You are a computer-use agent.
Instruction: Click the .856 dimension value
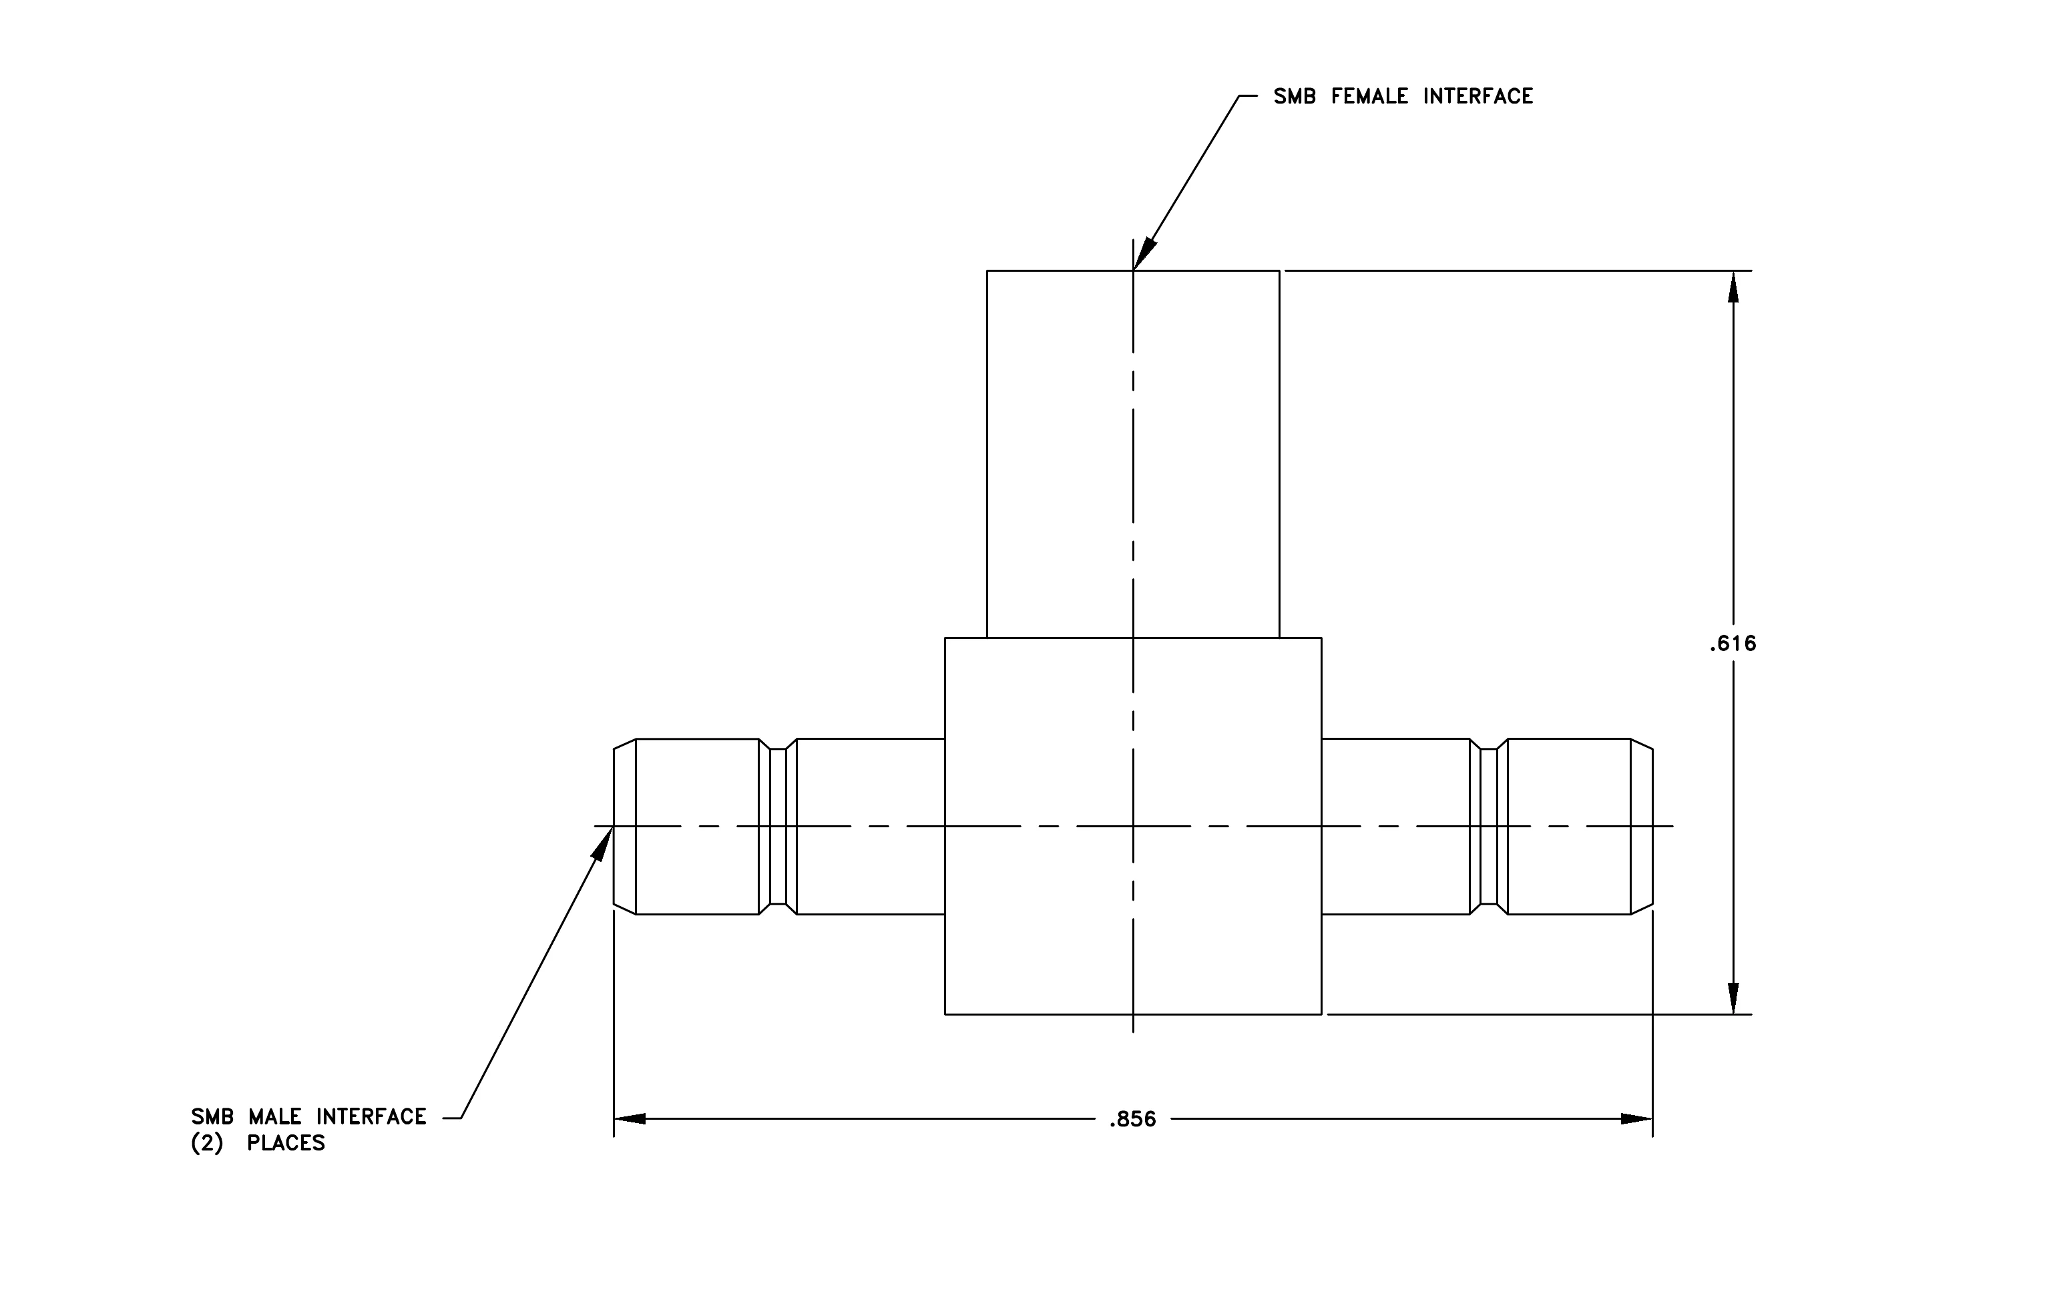click(1132, 1120)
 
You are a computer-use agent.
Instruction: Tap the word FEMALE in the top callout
click(1369, 97)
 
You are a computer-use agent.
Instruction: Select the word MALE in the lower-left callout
click(275, 1116)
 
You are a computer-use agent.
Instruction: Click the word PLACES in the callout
click(286, 1143)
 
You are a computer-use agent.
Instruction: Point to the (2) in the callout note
click(207, 1143)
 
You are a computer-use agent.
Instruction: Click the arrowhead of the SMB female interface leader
click(1144, 254)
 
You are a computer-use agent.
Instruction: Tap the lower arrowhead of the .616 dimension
click(1733, 998)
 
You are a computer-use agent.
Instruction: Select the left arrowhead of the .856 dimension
click(630, 1119)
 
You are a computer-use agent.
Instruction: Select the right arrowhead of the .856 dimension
click(1636, 1119)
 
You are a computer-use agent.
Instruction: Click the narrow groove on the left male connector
click(778, 826)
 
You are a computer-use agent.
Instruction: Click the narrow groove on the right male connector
click(1489, 826)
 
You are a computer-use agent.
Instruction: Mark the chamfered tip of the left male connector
click(624, 826)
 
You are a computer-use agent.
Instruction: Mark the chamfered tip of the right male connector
click(1642, 826)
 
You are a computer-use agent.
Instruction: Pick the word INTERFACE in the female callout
click(1478, 97)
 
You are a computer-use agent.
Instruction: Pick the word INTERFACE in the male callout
click(371, 1116)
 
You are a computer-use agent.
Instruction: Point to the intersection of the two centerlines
click(1132, 826)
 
